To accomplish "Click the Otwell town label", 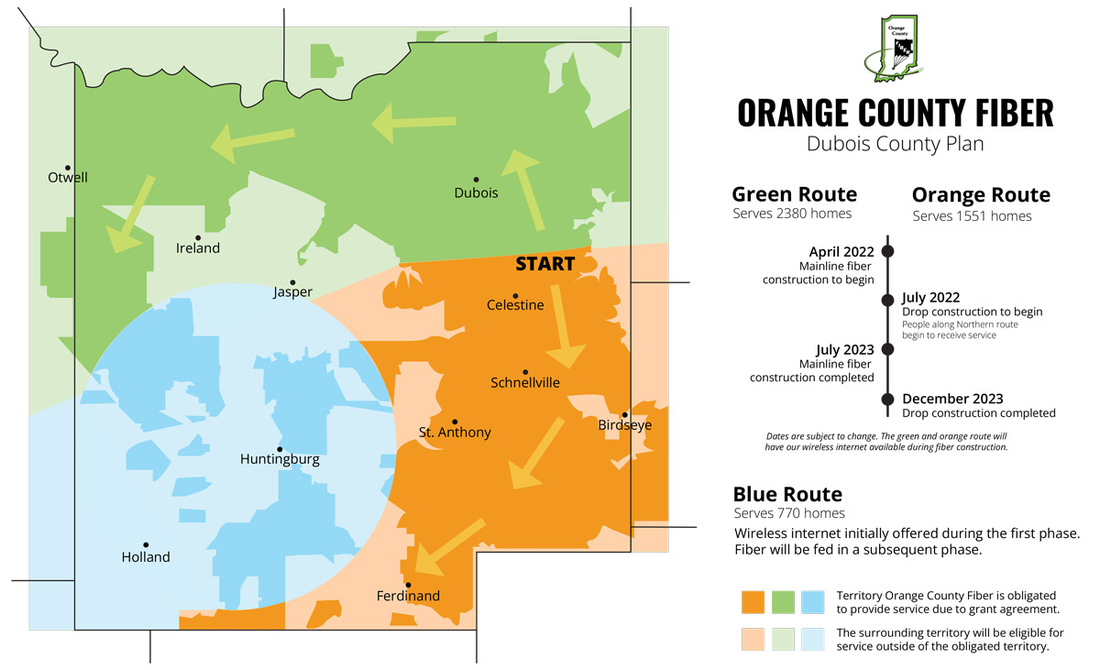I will (x=68, y=177).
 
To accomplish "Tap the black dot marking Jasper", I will (x=292, y=282).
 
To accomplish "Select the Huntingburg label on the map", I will (x=280, y=459).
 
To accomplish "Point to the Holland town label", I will (x=146, y=557).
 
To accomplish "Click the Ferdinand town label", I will (x=408, y=596).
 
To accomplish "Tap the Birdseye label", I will (x=625, y=425).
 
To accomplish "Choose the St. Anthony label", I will (x=455, y=433).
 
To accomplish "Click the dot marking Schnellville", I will (x=525, y=371).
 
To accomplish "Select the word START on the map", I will (x=544, y=264).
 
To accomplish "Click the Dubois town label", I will (x=476, y=192).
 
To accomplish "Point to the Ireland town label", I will (x=198, y=247).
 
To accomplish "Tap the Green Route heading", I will (x=794, y=194).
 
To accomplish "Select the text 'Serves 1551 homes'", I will (x=972, y=216).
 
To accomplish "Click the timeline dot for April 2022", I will (x=887, y=250).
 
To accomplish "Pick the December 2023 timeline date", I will (x=952, y=399).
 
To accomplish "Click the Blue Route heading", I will (x=787, y=494).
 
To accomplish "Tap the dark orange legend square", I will (x=753, y=601).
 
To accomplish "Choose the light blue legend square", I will (x=812, y=639).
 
